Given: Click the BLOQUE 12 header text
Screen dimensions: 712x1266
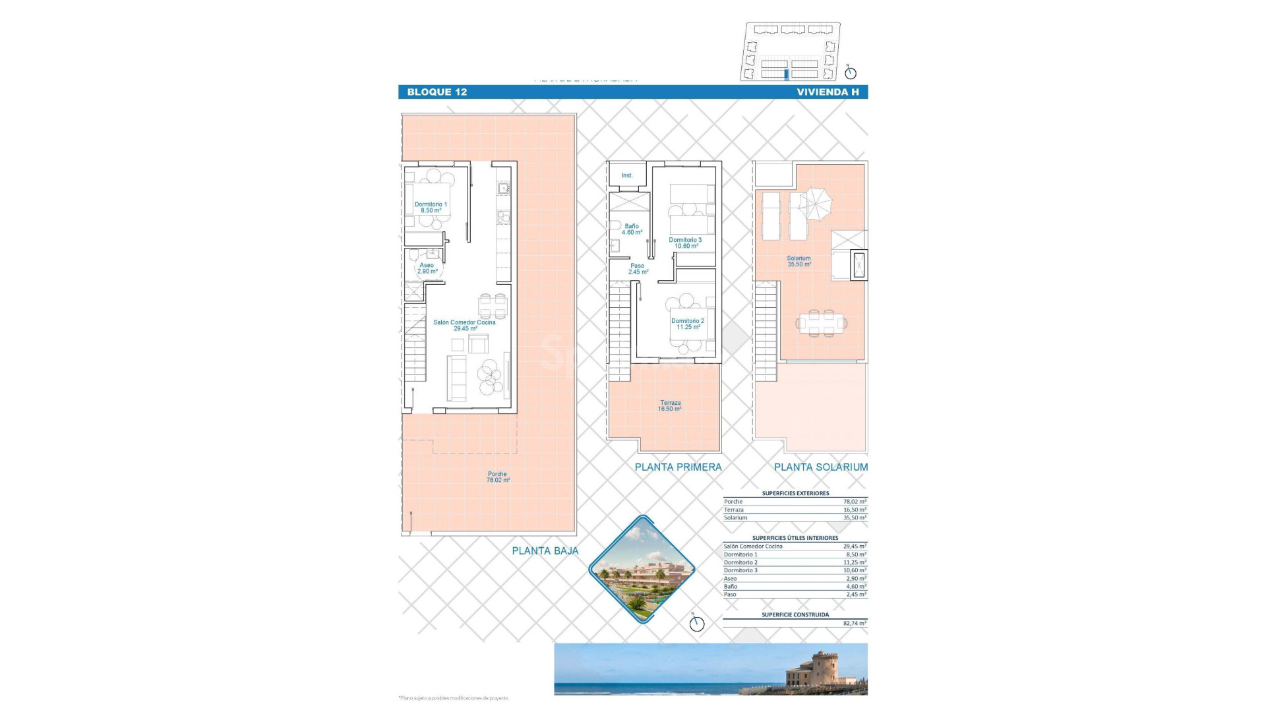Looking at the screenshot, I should coord(437,92).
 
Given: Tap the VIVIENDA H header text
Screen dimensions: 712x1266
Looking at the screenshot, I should coord(828,92).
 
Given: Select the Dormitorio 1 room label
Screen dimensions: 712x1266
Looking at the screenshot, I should coord(431,207).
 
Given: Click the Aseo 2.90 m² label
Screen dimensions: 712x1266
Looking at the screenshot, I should coord(427,268).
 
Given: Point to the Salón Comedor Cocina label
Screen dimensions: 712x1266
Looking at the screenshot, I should coord(464,325).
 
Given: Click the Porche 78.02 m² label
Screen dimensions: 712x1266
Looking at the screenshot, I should coord(498,477).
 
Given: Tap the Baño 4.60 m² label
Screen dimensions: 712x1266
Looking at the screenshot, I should coord(632,229).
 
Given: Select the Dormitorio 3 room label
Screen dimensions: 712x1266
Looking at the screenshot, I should coord(685,243).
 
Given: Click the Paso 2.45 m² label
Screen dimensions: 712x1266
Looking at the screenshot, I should coord(638,269).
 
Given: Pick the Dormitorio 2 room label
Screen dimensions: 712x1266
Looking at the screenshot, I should coord(688,324).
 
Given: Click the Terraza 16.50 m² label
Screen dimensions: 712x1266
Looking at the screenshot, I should coord(670,405).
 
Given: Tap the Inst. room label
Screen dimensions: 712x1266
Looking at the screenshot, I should coord(627,175).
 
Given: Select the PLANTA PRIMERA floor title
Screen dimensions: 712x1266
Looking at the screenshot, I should coord(678,467).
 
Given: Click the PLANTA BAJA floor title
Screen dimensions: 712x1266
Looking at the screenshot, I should coord(545,550).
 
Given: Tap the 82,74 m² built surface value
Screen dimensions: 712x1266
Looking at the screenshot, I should coord(855,623).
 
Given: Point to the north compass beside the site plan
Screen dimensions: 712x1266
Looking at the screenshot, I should coord(850,73).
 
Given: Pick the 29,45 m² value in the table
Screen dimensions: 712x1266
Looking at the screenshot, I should coord(855,547).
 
